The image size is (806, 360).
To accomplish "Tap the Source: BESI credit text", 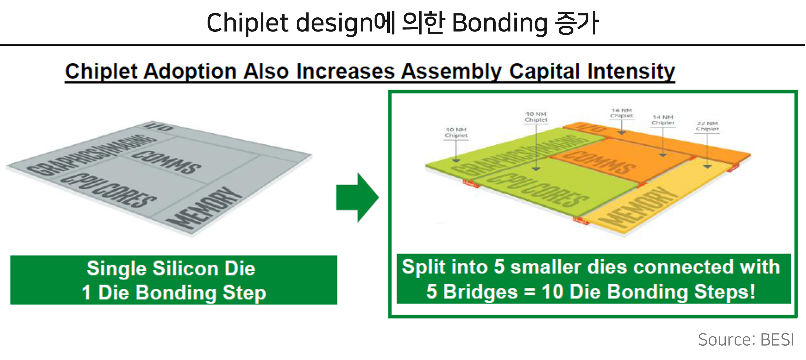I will tap(746, 340).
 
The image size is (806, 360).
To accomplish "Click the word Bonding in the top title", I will tap(500, 23).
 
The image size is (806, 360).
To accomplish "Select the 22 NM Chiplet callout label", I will tap(707, 126).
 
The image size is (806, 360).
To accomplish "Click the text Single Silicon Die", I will tap(171, 269).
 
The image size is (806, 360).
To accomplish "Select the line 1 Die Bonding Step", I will tap(174, 293).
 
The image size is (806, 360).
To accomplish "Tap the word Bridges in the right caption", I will tap(480, 292).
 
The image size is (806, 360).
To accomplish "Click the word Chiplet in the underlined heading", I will tap(101, 71).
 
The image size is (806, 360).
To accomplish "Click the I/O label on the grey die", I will tap(158, 127).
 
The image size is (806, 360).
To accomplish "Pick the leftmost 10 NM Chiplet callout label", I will tap(456, 133).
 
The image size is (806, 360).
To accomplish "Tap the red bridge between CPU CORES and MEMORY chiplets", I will tap(581, 221).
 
